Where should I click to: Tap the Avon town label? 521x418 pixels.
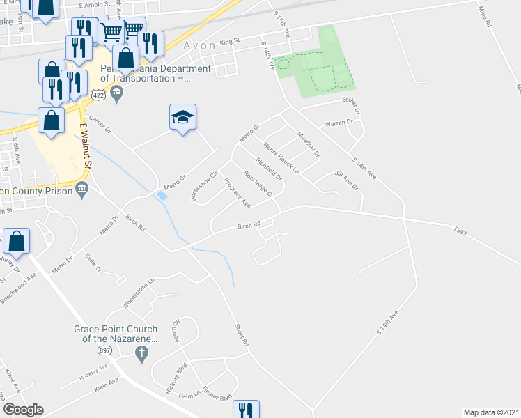200,45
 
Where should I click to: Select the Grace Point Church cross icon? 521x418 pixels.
141,353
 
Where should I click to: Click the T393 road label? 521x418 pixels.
458,229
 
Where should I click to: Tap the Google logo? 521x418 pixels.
23,410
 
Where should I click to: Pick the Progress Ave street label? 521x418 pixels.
237,193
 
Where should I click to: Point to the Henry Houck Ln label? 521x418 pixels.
281,158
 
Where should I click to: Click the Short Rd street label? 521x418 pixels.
240,335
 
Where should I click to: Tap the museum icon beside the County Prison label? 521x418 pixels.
82,188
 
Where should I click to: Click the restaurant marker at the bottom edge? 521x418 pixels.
244,410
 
